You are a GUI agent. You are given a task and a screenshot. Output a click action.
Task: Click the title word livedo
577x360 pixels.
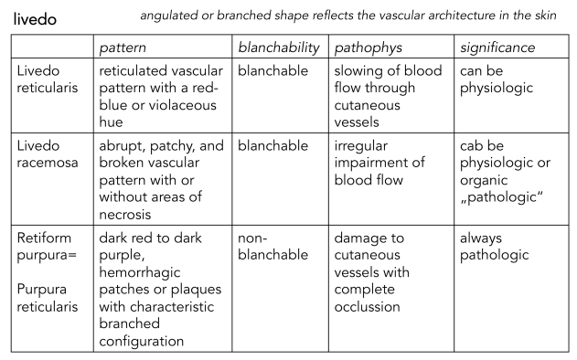click(x=35, y=19)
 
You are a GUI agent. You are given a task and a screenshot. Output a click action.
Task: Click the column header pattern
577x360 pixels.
click(x=123, y=48)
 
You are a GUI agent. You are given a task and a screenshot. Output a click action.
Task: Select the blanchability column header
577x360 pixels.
click(x=279, y=48)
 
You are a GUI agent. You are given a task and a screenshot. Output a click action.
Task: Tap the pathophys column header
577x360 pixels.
click(x=368, y=48)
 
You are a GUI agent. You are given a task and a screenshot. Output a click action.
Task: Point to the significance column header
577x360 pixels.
click(x=497, y=48)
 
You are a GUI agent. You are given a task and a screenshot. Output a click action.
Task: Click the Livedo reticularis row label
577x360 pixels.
click(x=48, y=79)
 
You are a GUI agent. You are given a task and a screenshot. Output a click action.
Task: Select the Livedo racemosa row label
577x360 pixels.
click(x=48, y=154)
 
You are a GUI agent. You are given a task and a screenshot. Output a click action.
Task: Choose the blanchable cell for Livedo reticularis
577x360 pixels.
click(x=272, y=70)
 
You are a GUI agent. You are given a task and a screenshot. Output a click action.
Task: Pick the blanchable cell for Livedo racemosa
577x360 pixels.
click(x=272, y=145)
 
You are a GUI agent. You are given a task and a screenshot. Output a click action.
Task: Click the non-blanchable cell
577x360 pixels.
click(x=272, y=246)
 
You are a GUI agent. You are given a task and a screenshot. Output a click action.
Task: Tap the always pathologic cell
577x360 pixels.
click(x=494, y=247)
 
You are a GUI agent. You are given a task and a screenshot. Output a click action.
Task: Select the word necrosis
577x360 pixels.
click(x=125, y=215)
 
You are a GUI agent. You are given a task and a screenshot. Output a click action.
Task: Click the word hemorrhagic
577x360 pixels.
click(x=140, y=272)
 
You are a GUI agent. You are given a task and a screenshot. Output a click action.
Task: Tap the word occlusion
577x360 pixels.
click(x=367, y=307)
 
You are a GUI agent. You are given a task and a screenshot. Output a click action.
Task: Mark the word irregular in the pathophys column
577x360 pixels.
click(x=360, y=146)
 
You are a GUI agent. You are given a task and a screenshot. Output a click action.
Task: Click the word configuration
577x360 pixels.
click(x=142, y=341)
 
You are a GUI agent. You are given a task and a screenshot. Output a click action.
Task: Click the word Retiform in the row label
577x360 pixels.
click(x=44, y=238)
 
